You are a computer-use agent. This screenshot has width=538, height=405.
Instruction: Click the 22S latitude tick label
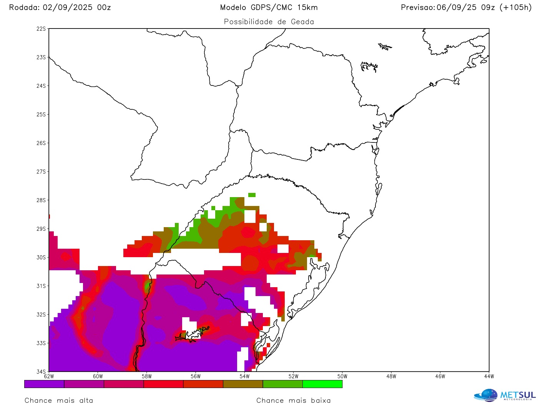coord(41,29)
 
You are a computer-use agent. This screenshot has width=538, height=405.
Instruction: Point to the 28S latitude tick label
coord(41,200)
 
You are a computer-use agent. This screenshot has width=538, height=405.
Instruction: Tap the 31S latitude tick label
coord(41,286)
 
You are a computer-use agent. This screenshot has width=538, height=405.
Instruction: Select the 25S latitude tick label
coord(41,115)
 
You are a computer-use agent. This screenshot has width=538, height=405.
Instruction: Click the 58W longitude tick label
coord(147,377)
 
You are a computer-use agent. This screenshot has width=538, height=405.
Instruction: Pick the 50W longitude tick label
coord(342,377)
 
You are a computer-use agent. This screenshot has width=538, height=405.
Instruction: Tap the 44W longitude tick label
coord(489,377)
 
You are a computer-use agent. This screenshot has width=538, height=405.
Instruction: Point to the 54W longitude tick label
coord(244,377)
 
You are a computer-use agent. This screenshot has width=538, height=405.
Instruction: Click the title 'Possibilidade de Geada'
coord(269,22)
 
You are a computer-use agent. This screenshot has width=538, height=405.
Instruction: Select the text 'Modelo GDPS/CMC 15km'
coord(269,7)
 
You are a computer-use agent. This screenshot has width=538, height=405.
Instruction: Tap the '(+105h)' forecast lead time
coord(515,7)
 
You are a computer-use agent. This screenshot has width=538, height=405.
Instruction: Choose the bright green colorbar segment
coord(322,384)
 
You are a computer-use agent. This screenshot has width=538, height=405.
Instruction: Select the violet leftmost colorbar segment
coord(44,384)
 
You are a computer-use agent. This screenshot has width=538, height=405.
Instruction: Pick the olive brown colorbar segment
coord(243,384)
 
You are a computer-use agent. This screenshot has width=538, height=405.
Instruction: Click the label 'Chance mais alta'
coord(59,400)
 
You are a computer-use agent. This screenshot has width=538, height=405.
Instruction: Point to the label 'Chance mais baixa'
coord(294,400)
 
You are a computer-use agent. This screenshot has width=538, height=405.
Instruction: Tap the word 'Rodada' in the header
coord(23,7)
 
